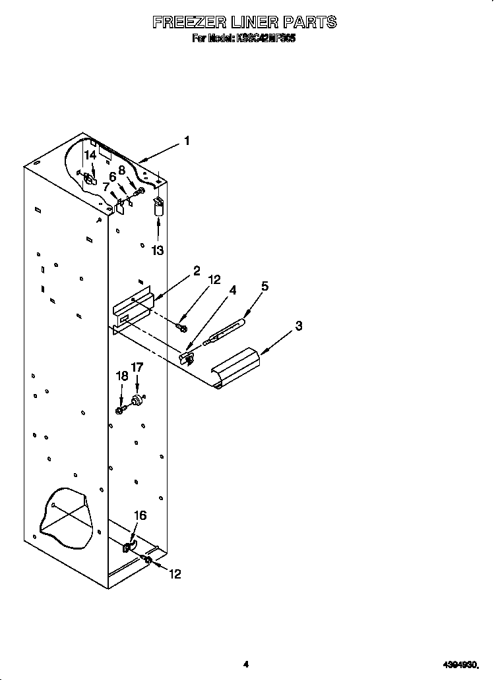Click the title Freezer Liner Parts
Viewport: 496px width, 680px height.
245,22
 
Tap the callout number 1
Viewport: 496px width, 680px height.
187,140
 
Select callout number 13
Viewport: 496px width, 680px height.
158,250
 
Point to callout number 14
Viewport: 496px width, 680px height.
90,156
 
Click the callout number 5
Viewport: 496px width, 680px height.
264,286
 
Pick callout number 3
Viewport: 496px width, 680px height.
299,326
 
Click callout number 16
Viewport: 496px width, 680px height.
140,515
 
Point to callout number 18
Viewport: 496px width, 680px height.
122,376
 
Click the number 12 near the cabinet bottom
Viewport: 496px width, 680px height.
174,574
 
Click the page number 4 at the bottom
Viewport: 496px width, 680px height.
245,664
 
